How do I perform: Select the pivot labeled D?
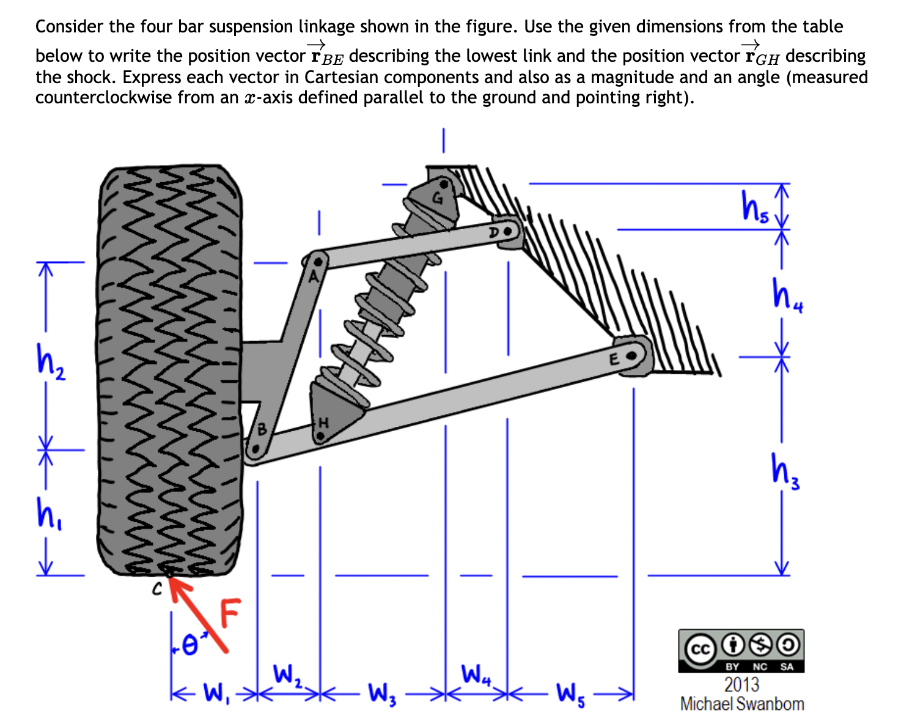507,232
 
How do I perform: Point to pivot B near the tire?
257,448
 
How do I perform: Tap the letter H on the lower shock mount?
325,423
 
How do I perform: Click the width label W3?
383,694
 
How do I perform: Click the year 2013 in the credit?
741,684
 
